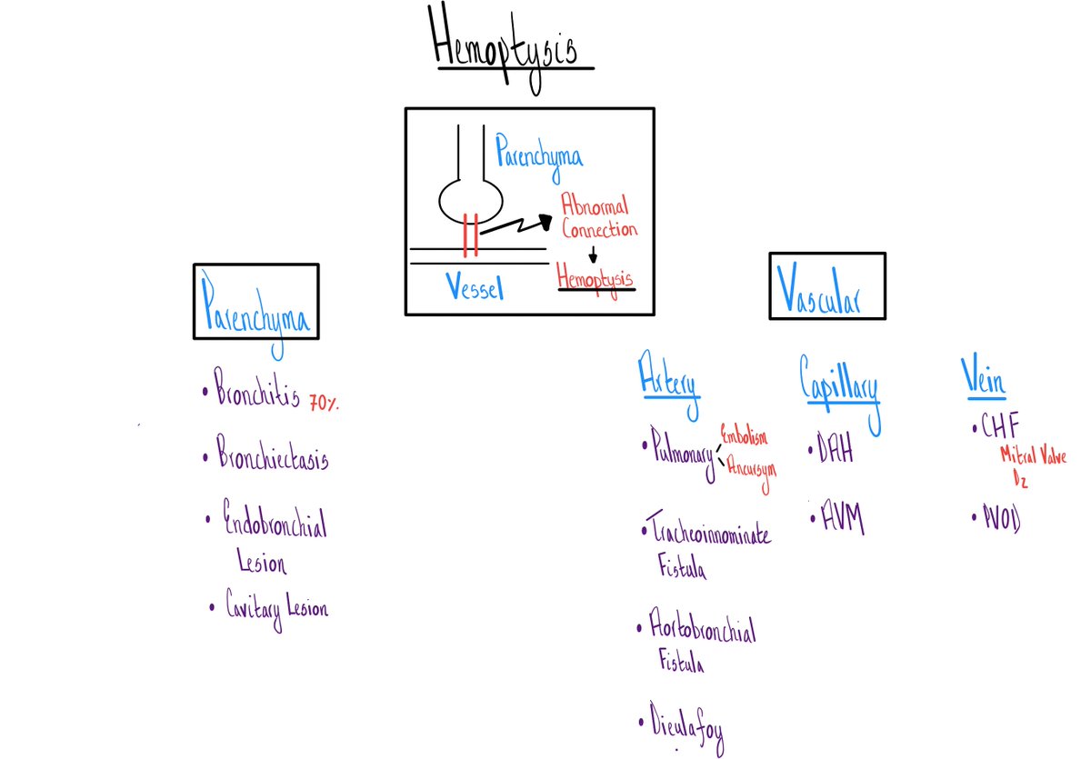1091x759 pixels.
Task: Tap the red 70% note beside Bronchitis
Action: (324, 402)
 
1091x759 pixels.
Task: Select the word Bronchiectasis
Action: (271, 457)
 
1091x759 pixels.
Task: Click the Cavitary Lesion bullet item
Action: (276, 607)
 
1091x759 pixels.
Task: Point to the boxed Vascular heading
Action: (826, 286)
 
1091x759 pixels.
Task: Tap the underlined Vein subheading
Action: (983, 376)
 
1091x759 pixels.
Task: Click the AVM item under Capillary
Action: (836, 521)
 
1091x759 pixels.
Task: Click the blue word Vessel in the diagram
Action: (475, 288)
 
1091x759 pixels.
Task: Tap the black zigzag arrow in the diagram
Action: (515, 226)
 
